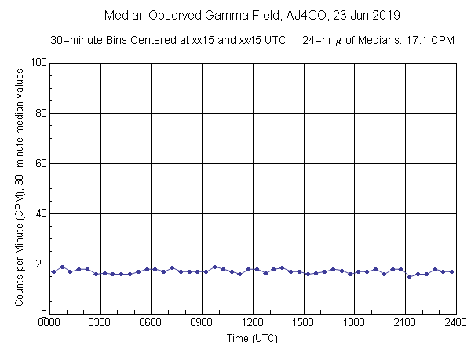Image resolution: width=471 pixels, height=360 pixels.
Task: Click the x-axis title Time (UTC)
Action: pos(253,340)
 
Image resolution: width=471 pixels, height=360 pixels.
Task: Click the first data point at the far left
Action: pos(53,271)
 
